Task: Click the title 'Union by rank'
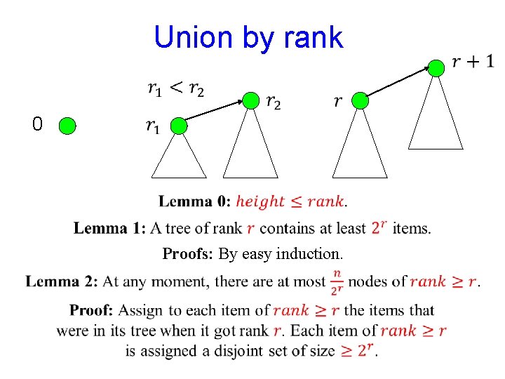pyautogui.click(x=248, y=37)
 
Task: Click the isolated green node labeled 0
pyautogui.click(x=67, y=126)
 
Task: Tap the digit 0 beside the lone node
pyautogui.click(x=37, y=125)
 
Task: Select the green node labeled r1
pyautogui.click(x=180, y=126)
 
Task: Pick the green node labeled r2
pyautogui.click(x=250, y=101)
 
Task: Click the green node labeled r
pyautogui.click(x=360, y=101)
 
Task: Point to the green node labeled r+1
pyautogui.click(x=436, y=68)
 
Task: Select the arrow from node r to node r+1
pyautogui.click(x=398, y=84)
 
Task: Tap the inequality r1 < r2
pyautogui.click(x=176, y=89)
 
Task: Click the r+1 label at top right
pyautogui.click(x=473, y=62)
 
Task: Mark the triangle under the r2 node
pyautogui.click(x=250, y=147)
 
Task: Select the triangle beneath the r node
pyautogui.click(x=360, y=147)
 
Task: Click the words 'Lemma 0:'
pyautogui.click(x=194, y=202)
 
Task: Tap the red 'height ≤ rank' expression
pyautogui.click(x=290, y=202)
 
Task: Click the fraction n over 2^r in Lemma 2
pyautogui.click(x=337, y=281)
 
